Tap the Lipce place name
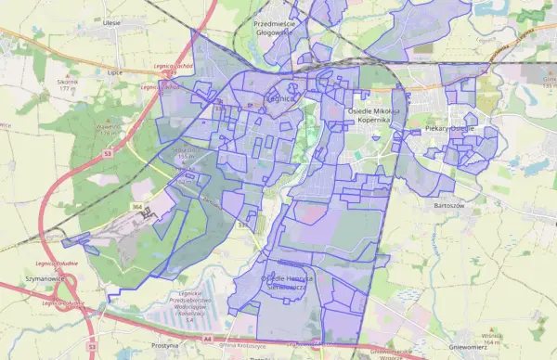tap(116, 70)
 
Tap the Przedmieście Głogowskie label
tap(274, 27)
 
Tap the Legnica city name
tap(278, 96)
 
